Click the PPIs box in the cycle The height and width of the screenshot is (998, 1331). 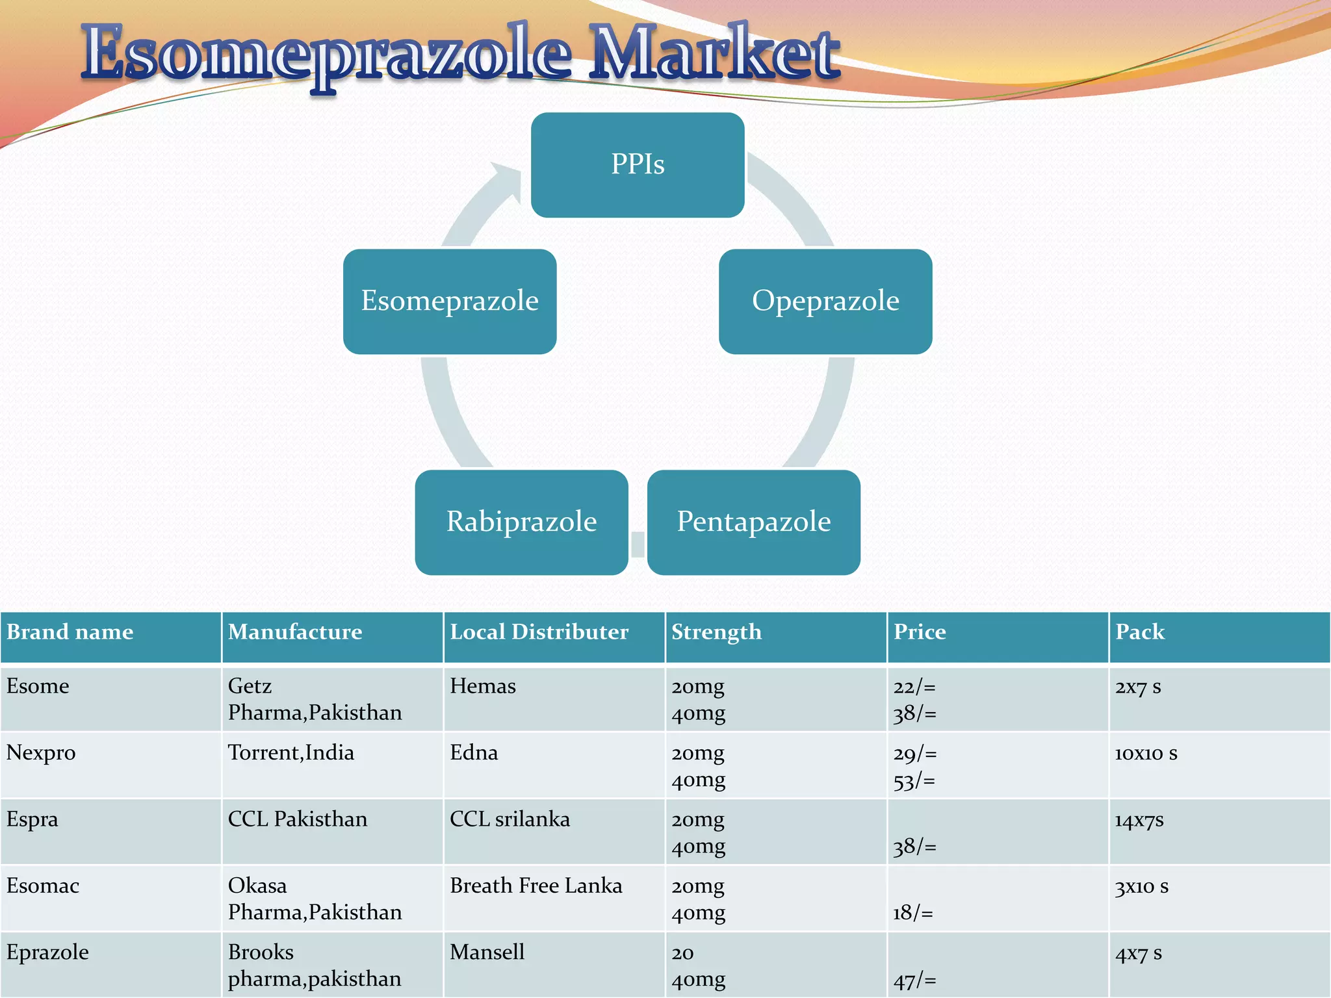coord(638,164)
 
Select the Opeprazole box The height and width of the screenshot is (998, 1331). coord(825,301)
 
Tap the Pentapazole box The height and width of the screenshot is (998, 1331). coord(754,522)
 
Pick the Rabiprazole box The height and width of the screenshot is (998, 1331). coord(521,522)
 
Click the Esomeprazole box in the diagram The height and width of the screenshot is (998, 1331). coord(450,301)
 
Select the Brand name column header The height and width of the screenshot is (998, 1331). coord(70,632)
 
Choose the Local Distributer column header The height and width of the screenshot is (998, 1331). coord(539,632)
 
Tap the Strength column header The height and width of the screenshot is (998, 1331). coord(716,632)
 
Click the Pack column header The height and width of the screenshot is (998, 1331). coord(1140,632)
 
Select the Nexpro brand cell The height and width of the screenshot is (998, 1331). coord(41,753)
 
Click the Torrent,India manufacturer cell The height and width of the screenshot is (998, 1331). coord(291,753)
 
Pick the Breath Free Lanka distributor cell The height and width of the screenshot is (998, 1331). coord(536,886)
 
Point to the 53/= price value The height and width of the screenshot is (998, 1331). coord(914,780)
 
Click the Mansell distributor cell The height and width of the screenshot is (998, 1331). coord(487,953)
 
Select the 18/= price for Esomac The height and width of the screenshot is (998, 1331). coord(912,913)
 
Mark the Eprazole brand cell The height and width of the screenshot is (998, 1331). coord(47,953)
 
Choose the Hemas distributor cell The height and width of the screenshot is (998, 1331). coord(482,687)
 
